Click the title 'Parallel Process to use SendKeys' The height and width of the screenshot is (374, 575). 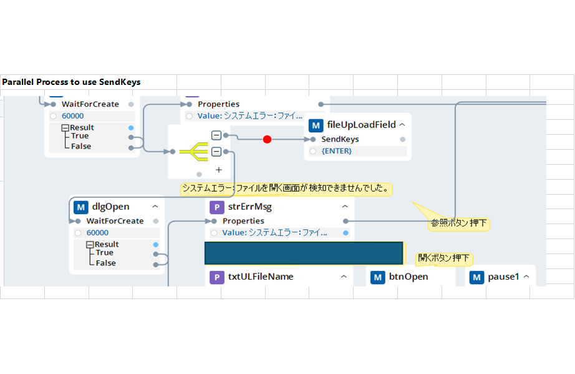coord(71,82)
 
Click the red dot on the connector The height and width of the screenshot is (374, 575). coord(267,139)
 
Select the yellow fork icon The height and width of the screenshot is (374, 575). coord(193,151)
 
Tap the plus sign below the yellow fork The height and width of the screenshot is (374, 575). coord(219,169)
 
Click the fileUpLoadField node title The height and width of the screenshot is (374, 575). coord(361,125)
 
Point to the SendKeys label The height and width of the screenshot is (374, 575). coord(340,139)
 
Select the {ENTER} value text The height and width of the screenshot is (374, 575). coord(337,151)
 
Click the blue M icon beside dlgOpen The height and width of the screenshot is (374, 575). coord(81,207)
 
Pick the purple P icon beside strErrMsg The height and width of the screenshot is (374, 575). coord(216,207)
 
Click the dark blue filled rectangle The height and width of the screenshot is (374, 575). coord(304,253)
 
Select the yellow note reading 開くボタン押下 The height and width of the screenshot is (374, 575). coord(444,258)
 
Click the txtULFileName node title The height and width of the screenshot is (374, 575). coord(261,277)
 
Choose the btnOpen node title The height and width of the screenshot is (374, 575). coord(408,277)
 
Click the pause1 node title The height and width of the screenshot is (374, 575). coord(503,277)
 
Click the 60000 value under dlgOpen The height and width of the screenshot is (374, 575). coord(97,233)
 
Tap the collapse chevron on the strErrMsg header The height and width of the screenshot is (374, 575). coord(345,207)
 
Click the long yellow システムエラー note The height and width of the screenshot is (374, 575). coord(286,188)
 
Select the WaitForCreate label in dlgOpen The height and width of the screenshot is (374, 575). coord(115,221)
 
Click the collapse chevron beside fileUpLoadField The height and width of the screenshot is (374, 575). coord(402,125)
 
